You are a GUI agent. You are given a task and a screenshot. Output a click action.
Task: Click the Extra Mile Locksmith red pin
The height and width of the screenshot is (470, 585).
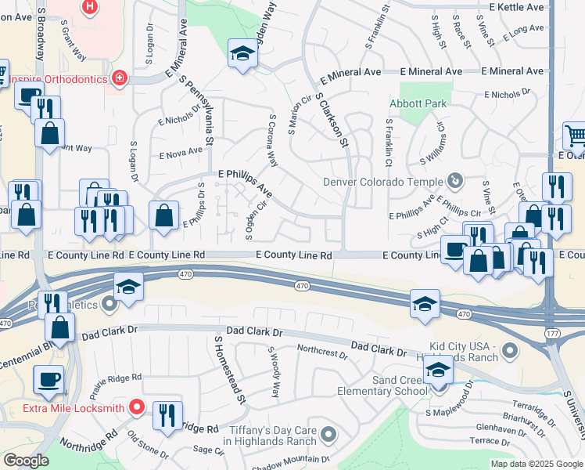(x=137, y=407)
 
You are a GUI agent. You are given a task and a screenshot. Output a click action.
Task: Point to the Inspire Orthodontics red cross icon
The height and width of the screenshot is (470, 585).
(x=118, y=78)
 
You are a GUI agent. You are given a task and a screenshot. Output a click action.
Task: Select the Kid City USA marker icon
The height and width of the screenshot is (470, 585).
(x=511, y=350)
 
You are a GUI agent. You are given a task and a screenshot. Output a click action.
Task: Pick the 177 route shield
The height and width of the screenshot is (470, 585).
(x=551, y=332)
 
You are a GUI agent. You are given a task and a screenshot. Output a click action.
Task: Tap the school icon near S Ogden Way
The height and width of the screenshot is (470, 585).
(x=242, y=54)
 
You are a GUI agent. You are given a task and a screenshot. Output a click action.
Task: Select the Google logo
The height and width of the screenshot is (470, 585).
(x=26, y=461)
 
